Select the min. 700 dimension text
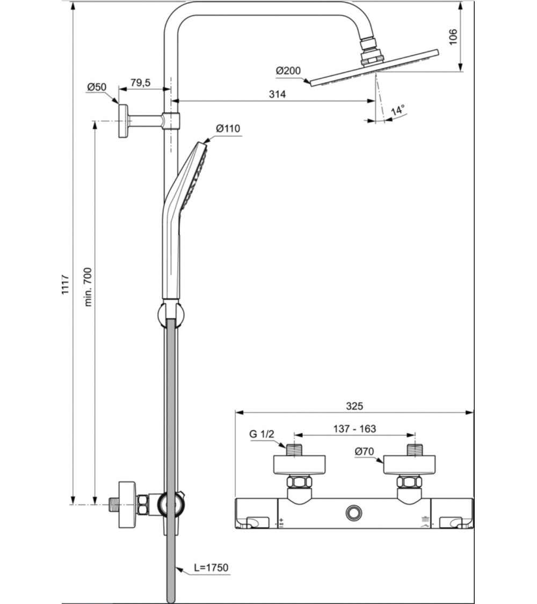pos(88,286)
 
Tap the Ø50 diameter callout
pos(98,86)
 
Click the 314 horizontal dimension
pos(277,94)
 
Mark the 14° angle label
pos(398,111)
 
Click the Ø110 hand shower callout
pos(228,128)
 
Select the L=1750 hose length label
pos(212,567)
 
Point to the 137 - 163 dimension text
pos(354,428)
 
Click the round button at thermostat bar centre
pos(354,512)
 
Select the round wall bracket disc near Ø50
pos(124,121)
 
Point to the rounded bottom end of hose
pos(170,597)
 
